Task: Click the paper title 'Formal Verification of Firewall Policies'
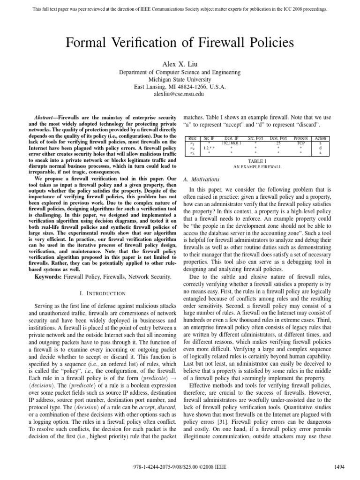pos(180,44)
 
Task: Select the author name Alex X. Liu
pos(180,63)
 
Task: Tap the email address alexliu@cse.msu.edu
pos(180,94)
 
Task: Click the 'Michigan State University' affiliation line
pos(180,80)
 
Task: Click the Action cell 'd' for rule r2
pos(321,148)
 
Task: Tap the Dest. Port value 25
pos(278,143)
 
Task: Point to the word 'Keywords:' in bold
pos(50,278)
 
